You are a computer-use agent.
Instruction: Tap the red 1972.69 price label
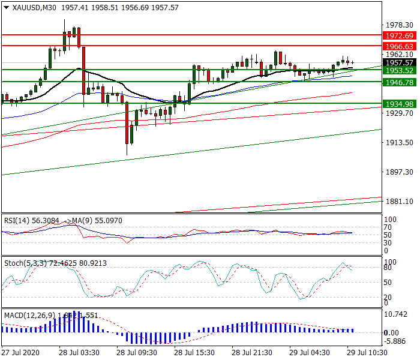[x=399, y=36]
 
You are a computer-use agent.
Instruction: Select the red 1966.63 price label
[x=399, y=46]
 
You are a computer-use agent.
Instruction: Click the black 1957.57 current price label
[x=399, y=62]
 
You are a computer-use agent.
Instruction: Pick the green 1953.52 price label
[x=399, y=70]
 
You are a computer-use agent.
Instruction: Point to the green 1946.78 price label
[x=399, y=82]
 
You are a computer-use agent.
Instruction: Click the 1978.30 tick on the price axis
[x=399, y=25]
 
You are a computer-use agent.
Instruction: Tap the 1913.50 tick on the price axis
[x=399, y=143]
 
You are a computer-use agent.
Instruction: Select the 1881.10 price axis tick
[x=399, y=202]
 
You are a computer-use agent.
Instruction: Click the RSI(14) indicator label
[x=16, y=220]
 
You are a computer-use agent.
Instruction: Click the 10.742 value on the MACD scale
[x=397, y=314]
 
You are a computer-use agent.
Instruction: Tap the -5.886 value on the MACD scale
[x=397, y=341]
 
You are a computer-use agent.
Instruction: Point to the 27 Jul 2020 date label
[x=21, y=353]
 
